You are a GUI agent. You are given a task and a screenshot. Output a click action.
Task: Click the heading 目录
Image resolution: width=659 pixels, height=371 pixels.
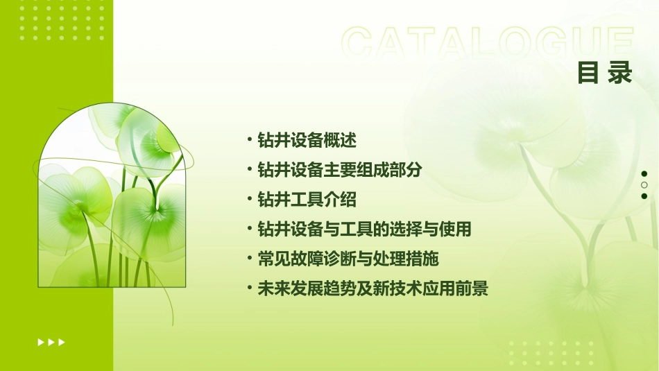605,74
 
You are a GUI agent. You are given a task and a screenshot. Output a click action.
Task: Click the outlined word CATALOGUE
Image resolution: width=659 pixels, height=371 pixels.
488,44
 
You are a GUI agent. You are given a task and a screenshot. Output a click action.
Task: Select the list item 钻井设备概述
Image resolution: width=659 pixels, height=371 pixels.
307,140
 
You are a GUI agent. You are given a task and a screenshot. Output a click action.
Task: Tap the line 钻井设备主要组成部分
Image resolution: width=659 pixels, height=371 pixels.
339,170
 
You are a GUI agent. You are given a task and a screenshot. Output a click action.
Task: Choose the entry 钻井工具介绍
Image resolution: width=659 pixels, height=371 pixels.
307,200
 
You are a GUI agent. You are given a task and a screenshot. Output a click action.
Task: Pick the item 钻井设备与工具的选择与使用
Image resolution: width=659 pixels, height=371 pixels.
364,229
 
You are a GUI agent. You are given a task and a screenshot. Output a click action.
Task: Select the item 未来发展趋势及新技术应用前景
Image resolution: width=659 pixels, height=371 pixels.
373,288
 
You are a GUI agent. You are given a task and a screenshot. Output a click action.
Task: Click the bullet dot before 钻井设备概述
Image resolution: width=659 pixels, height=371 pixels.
250,139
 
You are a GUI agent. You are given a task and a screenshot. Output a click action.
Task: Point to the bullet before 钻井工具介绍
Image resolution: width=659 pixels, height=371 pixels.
250,199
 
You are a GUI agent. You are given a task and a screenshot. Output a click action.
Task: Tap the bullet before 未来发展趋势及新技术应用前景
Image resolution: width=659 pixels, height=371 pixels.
250,288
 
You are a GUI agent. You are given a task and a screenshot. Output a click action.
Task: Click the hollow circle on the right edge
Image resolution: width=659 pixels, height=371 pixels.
644,185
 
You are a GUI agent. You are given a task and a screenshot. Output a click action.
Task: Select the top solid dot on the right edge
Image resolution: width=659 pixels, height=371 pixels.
644,174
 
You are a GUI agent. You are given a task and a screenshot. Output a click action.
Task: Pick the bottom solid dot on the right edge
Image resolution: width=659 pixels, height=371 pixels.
644,196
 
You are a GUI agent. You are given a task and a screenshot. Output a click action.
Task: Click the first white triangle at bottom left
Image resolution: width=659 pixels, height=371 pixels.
40,342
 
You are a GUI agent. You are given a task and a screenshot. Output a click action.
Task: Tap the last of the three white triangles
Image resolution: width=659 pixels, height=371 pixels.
62,342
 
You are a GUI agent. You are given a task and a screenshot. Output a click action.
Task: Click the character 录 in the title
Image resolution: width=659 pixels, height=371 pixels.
620,74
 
